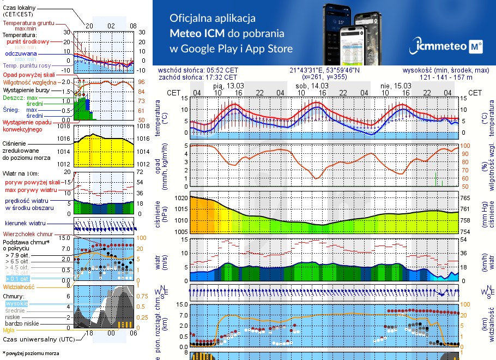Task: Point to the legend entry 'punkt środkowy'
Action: pyautogui.click(x=28, y=41)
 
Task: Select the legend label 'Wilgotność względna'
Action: pyautogui.click(x=30, y=82)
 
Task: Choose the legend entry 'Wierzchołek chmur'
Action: pyautogui.click(x=28, y=233)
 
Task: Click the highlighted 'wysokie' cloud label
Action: pyautogui.click(x=16, y=303)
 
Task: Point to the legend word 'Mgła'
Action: pyautogui.click(x=9, y=330)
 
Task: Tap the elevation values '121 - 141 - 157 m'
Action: pyautogui.click(x=446, y=77)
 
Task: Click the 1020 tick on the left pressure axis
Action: pyautogui.click(x=181, y=198)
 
